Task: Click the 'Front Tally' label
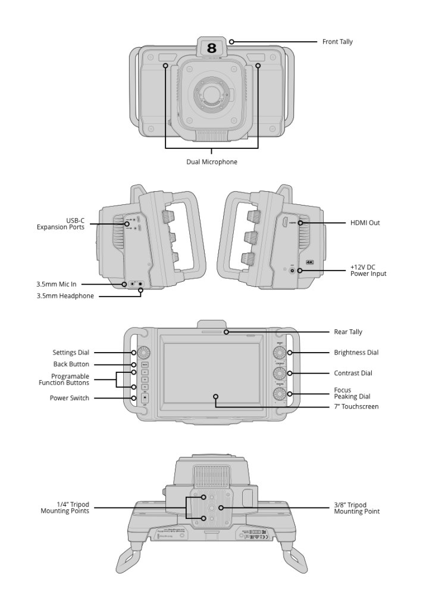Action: (x=337, y=42)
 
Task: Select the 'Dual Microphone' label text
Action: (x=211, y=162)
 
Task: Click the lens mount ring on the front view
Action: (x=211, y=93)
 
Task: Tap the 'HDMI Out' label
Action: (x=366, y=223)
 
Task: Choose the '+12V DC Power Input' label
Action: (x=369, y=270)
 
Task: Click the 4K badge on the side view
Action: (x=309, y=262)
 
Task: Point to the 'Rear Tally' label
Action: (x=348, y=332)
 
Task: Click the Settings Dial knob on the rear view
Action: (x=143, y=352)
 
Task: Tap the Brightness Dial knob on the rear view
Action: (x=280, y=353)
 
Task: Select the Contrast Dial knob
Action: (x=280, y=374)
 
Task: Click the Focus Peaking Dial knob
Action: (x=280, y=394)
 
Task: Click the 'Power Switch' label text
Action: (x=70, y=398)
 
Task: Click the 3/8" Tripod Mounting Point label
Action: (x=356, y=508)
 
